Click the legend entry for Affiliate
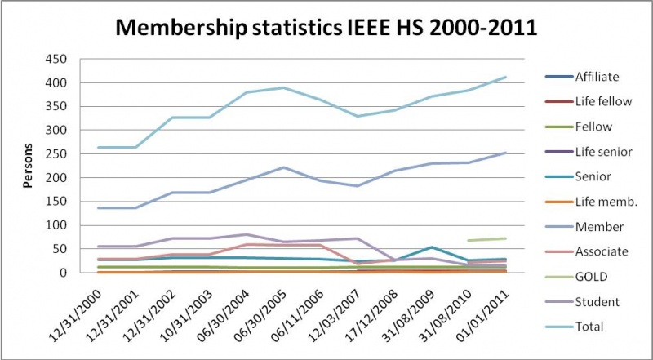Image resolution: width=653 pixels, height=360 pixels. [595, 78]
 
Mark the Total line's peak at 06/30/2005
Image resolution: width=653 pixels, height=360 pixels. [284, 87]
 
